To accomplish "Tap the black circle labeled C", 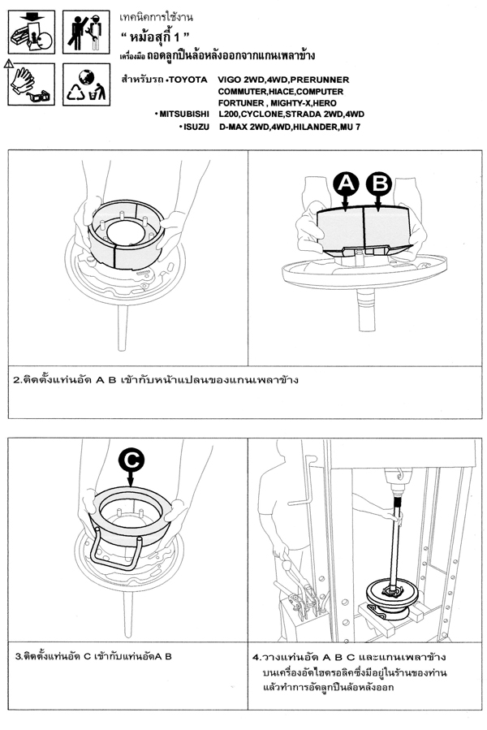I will click(132, 460).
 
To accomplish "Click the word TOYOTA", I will click(187, 80).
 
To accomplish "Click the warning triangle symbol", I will click(7, 61).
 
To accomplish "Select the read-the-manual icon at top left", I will click(30, 30).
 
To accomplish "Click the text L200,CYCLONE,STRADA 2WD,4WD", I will click(291, 114).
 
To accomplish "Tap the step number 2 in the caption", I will click(17, 379).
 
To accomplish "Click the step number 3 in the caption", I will click(18, 654).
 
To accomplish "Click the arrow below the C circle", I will click(132, 482).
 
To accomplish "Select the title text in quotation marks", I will click(160, 38).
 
